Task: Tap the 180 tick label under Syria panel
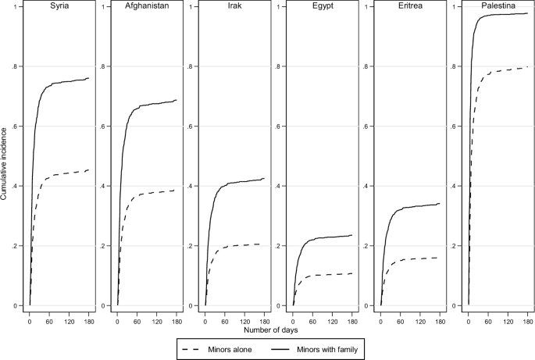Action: click(x=89, y=318)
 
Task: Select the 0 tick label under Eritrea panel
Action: click(x=380, y=318)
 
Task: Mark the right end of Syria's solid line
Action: click(x=89, y=78)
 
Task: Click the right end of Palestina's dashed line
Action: click(x=528, y=67)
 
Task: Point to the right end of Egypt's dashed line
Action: click(x=352, y=273)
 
